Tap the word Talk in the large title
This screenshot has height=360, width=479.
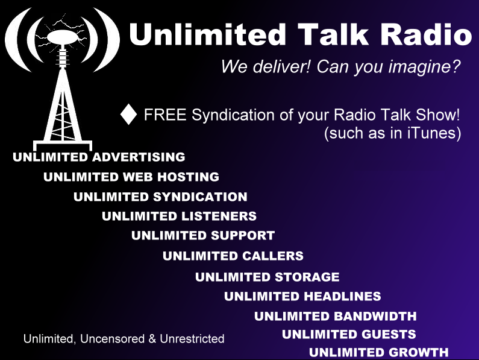tap(333, 34)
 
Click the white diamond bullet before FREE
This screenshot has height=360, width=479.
tap(128, 115)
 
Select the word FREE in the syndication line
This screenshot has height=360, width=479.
tap(165, 115)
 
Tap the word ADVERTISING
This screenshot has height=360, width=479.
tap(139, 157)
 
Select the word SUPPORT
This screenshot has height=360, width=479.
tap(243, 236)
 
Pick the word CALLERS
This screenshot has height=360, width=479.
tap(273, 256)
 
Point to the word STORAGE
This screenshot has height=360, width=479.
tap(307, 277)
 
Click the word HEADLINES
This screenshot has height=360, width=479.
tap(342, 296)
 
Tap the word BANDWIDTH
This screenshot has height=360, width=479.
tap(375, 316)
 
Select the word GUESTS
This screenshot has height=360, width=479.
tap(389, 334)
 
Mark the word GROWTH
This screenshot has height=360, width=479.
tap(419, 352)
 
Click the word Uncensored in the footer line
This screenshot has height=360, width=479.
tap(113, 339)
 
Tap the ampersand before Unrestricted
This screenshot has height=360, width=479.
tap(152, 339)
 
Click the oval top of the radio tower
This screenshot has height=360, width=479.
tap(63, 37)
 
